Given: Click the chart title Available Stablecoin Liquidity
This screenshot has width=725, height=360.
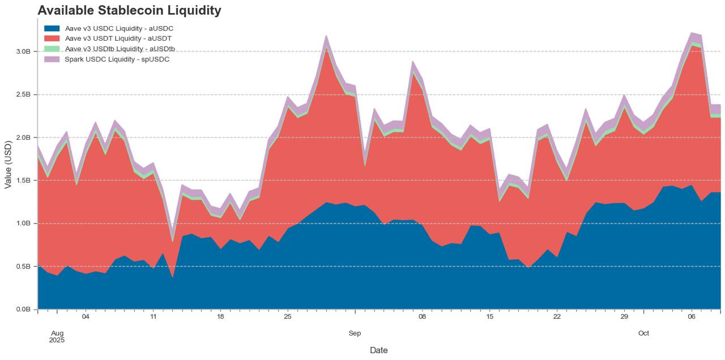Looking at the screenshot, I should pos(129,10).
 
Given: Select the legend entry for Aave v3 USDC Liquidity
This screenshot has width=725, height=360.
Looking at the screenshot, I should pos(119,28).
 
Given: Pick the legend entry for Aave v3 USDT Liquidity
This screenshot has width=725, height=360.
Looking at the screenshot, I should pos(118,38).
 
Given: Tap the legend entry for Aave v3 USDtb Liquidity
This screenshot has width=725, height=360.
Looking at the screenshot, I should pos(120,49).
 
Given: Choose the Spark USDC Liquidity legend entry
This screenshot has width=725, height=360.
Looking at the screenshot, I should pos(117,59).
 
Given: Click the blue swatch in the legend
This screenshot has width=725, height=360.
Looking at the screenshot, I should pos(52,28).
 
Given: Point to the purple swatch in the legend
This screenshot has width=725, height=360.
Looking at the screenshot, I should pos(52,59).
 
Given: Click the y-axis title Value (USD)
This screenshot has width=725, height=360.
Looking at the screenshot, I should pos(8,164).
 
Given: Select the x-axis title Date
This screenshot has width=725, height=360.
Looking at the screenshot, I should pos(379,350).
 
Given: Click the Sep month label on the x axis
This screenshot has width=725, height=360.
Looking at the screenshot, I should pos(355,333).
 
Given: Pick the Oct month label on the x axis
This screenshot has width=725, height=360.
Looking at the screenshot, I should pos(643,333).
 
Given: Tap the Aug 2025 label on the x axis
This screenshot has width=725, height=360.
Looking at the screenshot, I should pos(57,337).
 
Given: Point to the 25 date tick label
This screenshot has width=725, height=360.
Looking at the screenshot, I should pos(288,317).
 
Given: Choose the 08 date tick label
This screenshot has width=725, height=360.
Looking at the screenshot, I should pos(422,317).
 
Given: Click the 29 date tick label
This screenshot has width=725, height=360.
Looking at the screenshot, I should pos(624,317).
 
